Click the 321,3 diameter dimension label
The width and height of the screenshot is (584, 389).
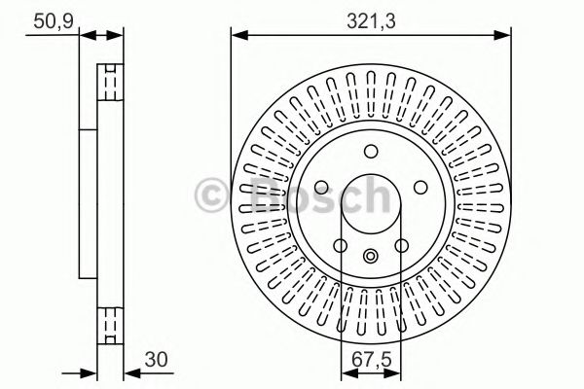coord(371,21)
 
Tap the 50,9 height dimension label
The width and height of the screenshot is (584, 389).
coord(54,21)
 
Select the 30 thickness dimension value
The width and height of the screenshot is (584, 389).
coord(157,360)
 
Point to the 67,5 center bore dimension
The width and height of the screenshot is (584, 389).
coord(372,360)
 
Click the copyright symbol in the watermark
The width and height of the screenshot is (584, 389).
coord(211,195)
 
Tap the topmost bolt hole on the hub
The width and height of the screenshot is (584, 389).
coord(371,151)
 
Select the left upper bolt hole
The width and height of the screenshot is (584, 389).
coord(321,188)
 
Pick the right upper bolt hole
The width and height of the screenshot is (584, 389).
coord(420,188)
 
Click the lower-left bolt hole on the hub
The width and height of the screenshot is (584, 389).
coord(341,246)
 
